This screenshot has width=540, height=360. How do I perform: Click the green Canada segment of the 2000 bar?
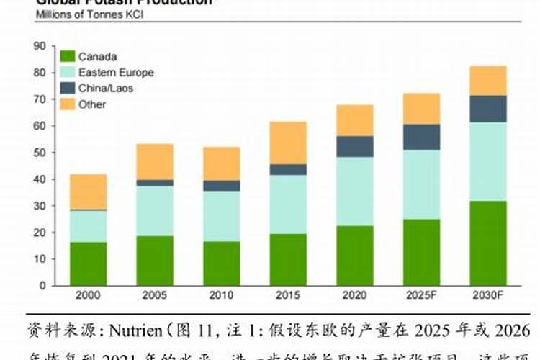88,263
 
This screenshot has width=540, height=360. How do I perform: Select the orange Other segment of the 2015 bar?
288,143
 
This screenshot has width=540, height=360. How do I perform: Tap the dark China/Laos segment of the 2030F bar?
487,109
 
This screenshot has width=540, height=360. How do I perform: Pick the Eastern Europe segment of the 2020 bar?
354,192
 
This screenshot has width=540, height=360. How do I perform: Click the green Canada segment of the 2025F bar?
421,252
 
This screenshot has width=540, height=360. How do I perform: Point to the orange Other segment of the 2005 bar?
155,161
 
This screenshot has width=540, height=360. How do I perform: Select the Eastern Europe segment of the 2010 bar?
221,216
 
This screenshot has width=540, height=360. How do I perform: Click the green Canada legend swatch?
67,56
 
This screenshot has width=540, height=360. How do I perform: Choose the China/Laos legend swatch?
67,88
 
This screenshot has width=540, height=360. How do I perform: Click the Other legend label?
92,104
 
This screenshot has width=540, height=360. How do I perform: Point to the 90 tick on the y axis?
40,46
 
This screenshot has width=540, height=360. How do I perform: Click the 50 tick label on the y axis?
40,153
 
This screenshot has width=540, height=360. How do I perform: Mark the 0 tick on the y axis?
42,285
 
